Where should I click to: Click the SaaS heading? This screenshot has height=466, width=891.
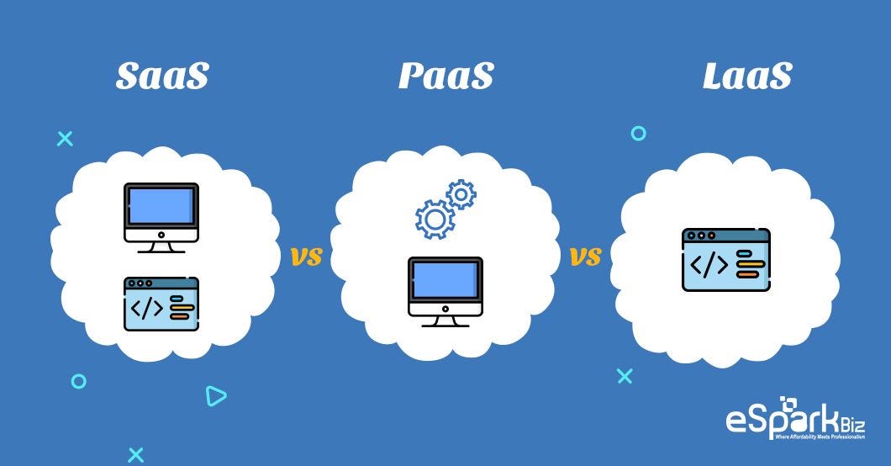[x=161, y=77]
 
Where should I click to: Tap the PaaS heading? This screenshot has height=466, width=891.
[x=445, y=77]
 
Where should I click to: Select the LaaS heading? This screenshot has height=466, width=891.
[x=746, y=77]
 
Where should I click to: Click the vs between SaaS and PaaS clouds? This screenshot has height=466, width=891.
[x=307, y=257]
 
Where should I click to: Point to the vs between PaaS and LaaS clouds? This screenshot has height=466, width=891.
[x=586, y=257]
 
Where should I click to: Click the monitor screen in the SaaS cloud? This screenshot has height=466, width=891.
[x=161, y=206]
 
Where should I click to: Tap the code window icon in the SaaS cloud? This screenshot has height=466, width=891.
[x=161, y=304]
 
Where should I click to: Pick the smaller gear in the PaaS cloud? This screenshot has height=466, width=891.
[x=461, y=194]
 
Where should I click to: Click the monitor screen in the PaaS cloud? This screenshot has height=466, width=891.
[x=445, y=279]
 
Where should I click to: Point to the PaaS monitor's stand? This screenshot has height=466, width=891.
[x=445, y=319]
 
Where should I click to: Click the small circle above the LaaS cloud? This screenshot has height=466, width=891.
[x=639, y=133]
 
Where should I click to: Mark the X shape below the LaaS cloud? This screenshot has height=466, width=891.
[x=625, y=376]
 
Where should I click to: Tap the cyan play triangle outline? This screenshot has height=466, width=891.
[x=216, y=395]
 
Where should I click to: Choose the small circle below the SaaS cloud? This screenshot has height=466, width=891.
[x=79, y=381]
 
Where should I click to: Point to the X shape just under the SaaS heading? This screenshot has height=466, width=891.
[x=65, y=139]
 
